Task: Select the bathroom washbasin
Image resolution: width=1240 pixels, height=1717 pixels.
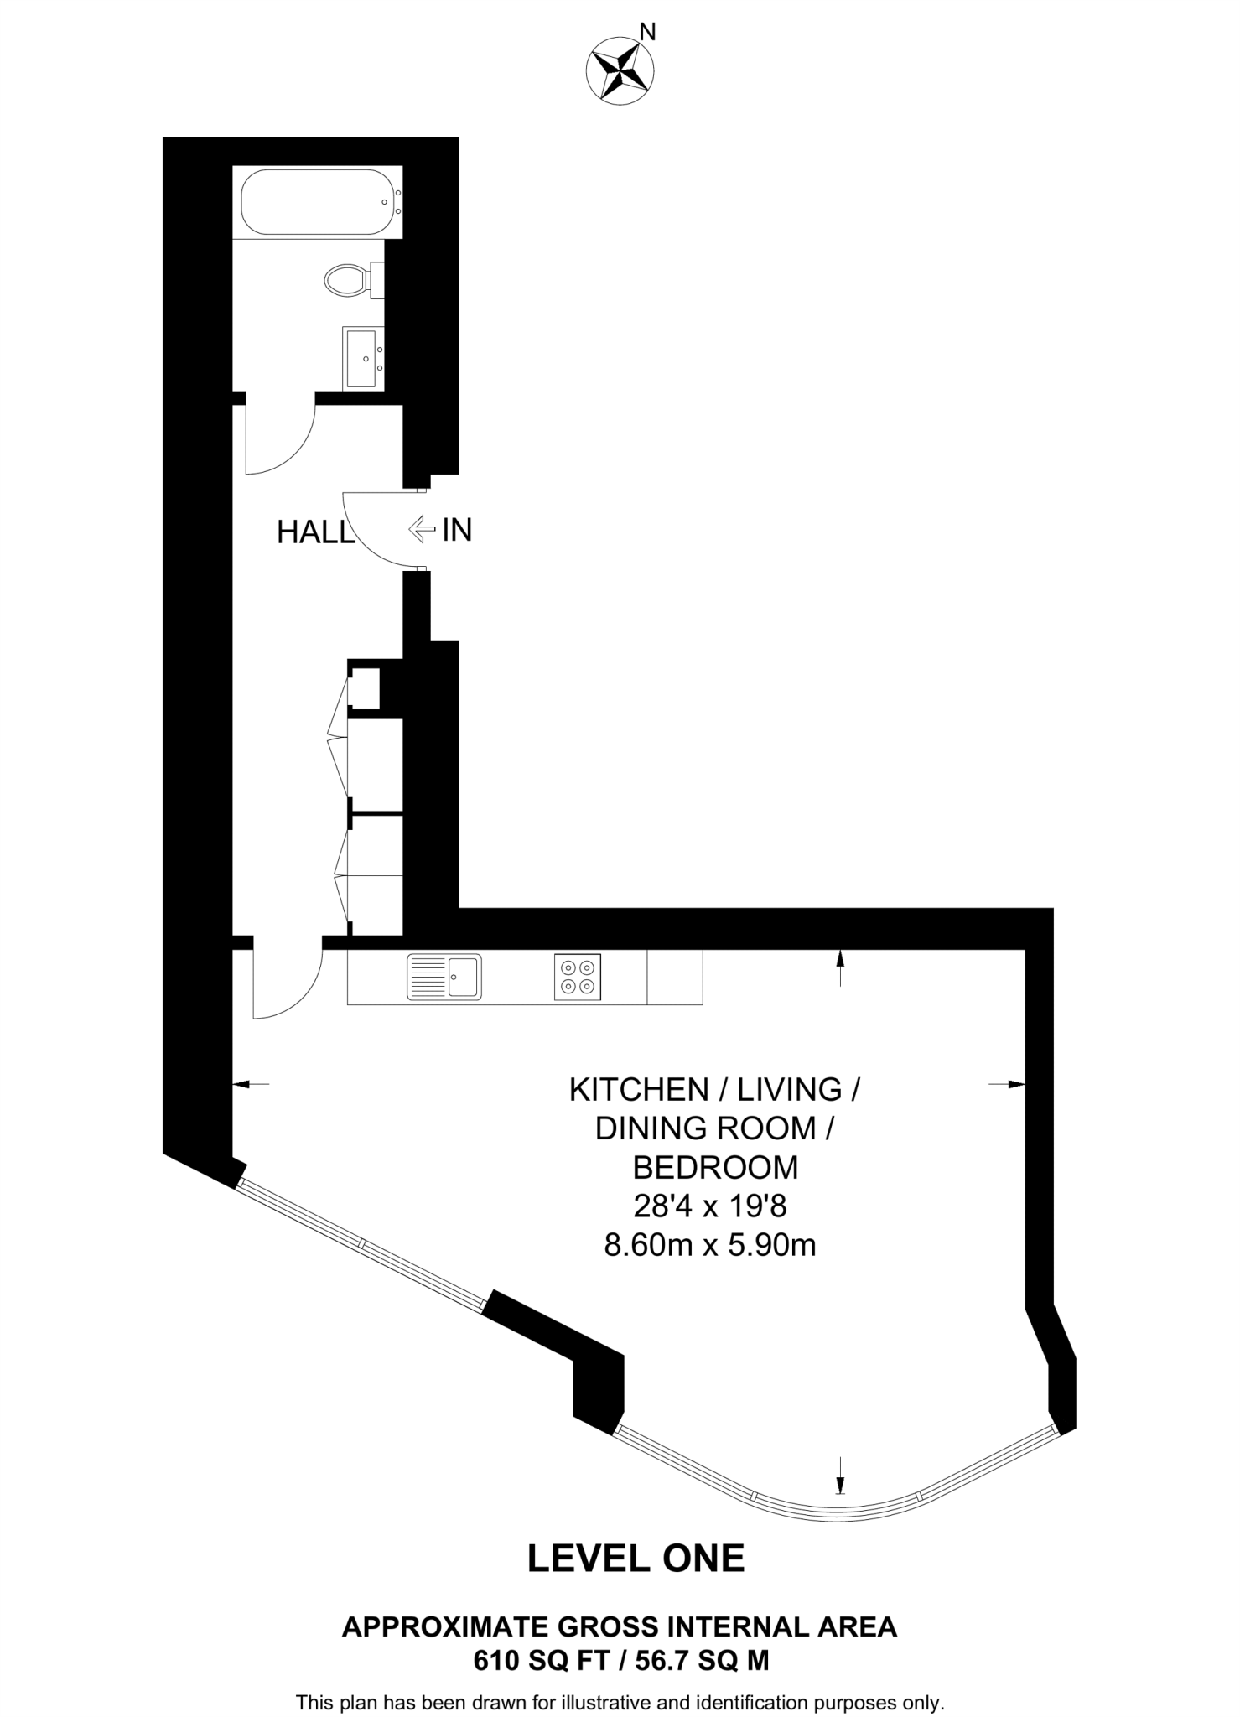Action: (362, 358)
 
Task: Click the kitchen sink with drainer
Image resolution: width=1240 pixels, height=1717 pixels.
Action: (444, 977)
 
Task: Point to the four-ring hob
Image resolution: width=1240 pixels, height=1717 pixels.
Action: (577, 977)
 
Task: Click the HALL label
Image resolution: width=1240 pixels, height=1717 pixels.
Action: (315, 533)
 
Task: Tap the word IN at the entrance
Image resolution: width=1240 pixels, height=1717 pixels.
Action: (457, 530)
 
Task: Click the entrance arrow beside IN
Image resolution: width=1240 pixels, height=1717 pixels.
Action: (421, 529)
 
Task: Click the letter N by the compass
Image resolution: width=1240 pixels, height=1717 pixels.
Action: (647, 33)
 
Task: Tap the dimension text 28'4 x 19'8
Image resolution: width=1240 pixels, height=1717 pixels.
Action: (709, 1206)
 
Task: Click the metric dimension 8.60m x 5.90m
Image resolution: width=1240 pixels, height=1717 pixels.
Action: (709, 1245)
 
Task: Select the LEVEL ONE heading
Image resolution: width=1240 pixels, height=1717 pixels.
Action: (636, 1559)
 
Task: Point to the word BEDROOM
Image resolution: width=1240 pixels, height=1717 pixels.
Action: (714, 1167)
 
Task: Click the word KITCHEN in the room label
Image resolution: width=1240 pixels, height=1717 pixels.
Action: (638, 1090)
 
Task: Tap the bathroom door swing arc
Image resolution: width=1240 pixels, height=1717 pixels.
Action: (293, 453)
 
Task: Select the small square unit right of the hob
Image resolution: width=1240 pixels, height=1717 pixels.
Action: (674, 977)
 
